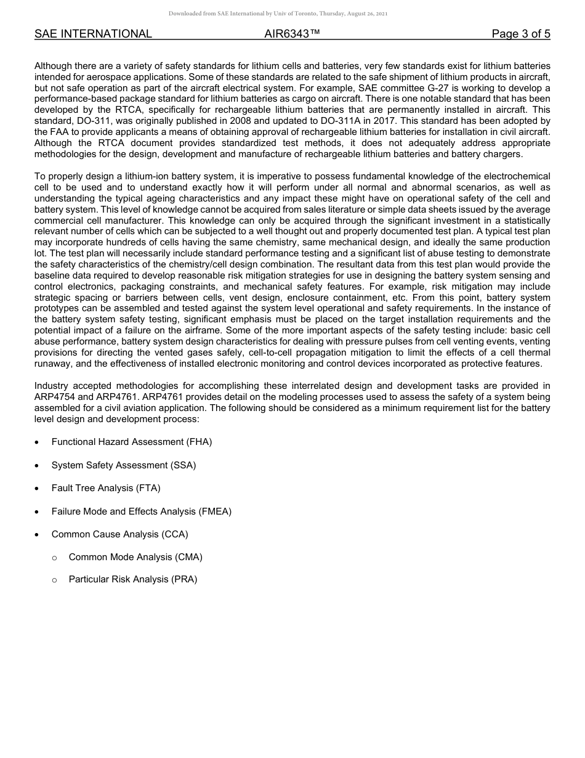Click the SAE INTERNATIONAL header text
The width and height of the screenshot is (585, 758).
[93, 34]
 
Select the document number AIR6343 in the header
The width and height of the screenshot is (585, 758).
[292, 34]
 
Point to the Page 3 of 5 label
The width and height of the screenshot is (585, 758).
[520, 34]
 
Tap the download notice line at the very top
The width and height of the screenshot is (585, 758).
[278, 14]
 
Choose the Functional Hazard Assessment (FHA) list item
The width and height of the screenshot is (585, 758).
[131, 442]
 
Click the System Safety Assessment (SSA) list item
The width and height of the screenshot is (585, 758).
[123, 465]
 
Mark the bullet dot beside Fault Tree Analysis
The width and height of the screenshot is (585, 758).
[38, 489]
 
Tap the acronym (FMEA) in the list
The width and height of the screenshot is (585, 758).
[215, 511]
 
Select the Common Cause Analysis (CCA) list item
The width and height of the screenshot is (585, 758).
[119, 534]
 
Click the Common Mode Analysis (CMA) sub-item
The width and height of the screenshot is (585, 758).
[135, 557]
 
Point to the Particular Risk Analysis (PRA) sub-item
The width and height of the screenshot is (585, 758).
[132, 579]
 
